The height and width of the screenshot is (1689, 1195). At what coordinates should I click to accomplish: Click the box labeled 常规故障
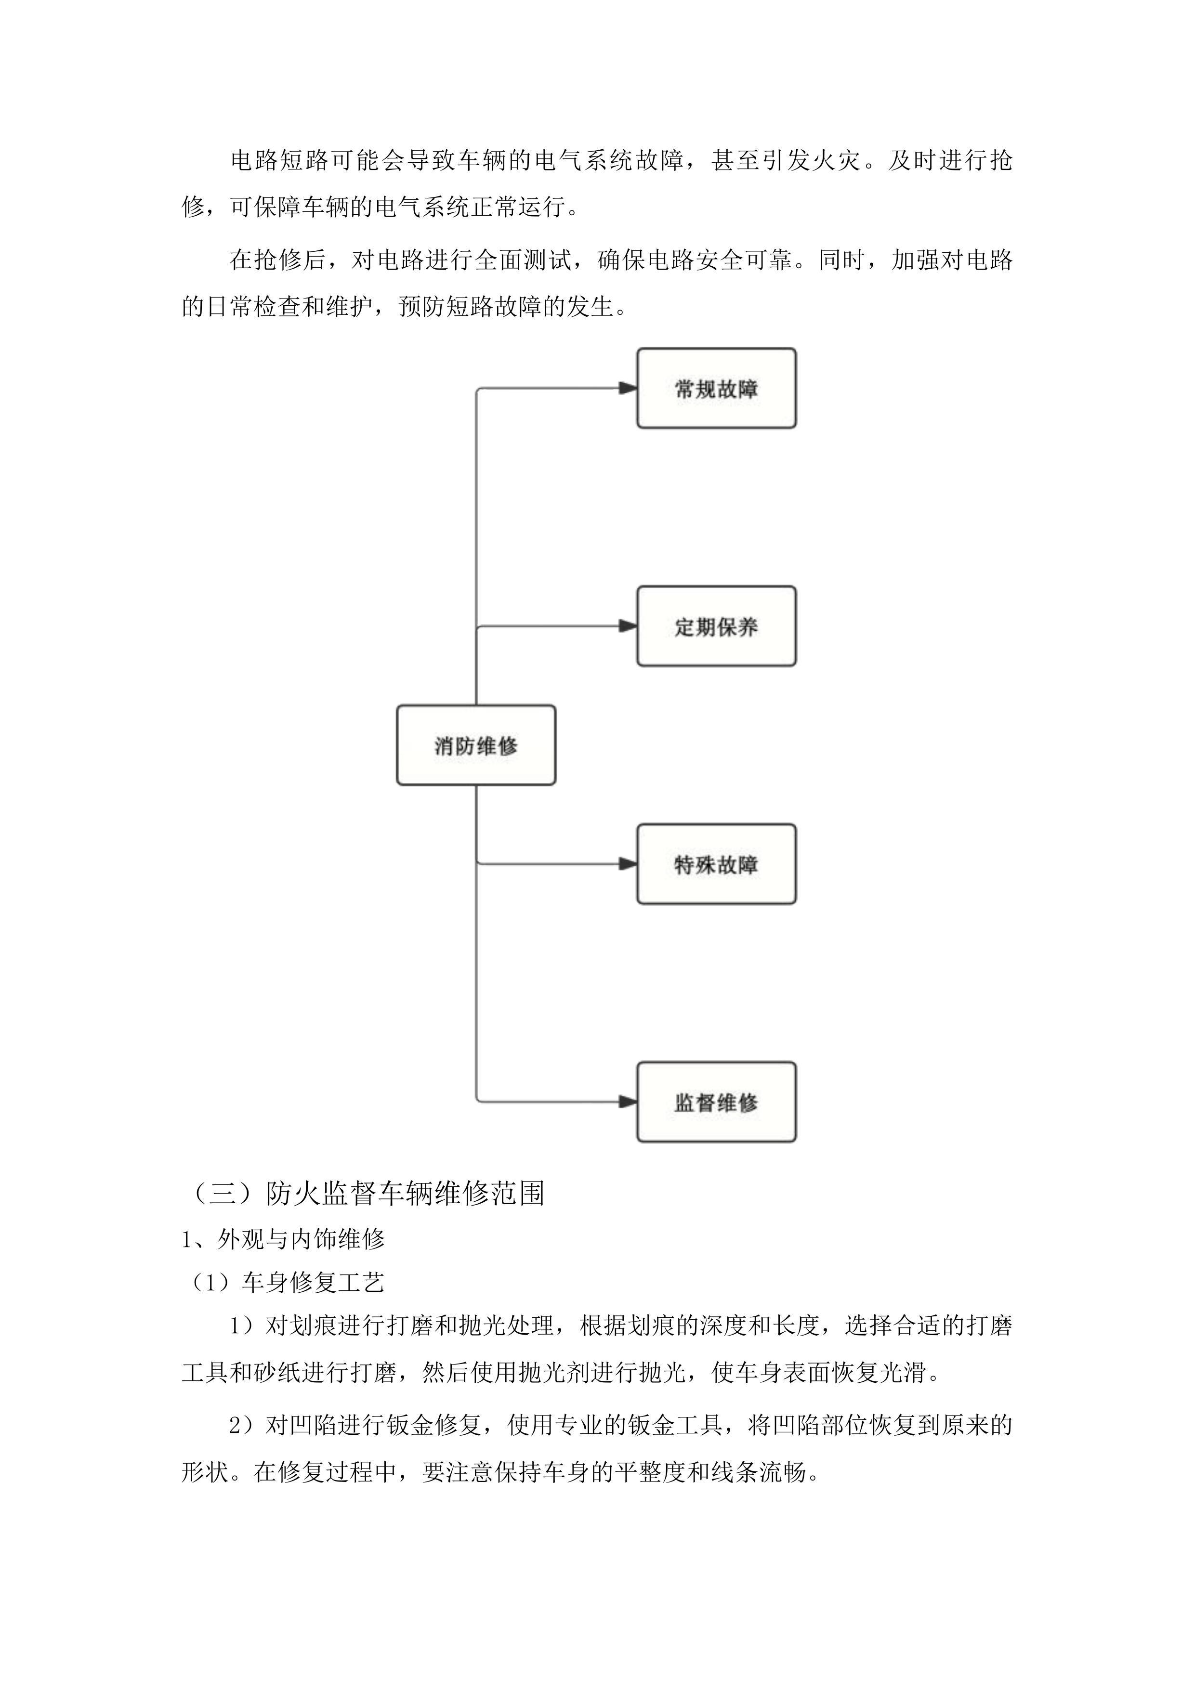coord(716,389)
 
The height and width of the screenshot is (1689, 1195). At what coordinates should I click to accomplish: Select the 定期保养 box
coord(716,626)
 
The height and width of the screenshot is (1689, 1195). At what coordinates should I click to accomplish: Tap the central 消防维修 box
coord(476,745)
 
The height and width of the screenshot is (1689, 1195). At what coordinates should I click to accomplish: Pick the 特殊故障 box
coord(716,864)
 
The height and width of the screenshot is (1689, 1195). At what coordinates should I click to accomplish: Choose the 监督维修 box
coord(716,1101)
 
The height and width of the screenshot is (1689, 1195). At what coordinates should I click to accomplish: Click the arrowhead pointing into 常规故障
coord(628,389)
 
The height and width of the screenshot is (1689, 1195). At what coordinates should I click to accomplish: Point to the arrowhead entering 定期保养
coord(628,626)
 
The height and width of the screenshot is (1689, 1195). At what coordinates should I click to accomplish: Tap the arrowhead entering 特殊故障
coord(628,864)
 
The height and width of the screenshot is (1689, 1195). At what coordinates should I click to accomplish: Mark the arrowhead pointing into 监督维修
coord(628,1101)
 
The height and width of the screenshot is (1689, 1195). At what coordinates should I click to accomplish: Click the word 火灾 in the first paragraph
coord(834,160)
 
